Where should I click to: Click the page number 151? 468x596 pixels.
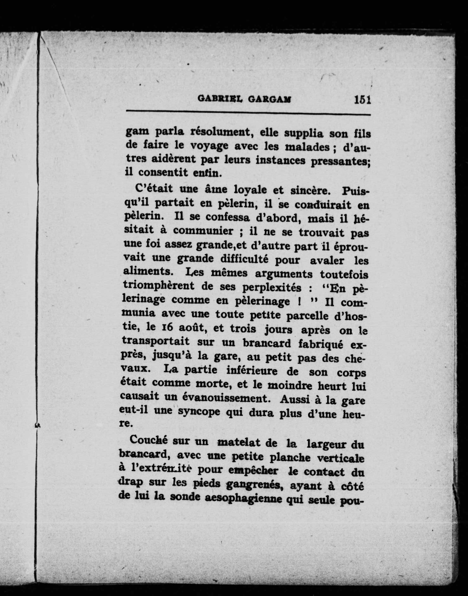pos(362,100)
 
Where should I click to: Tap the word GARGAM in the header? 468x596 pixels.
pos(269,99)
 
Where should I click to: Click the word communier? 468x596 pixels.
pos(203,231)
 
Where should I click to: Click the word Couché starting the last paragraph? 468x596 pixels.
pos(148,440)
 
